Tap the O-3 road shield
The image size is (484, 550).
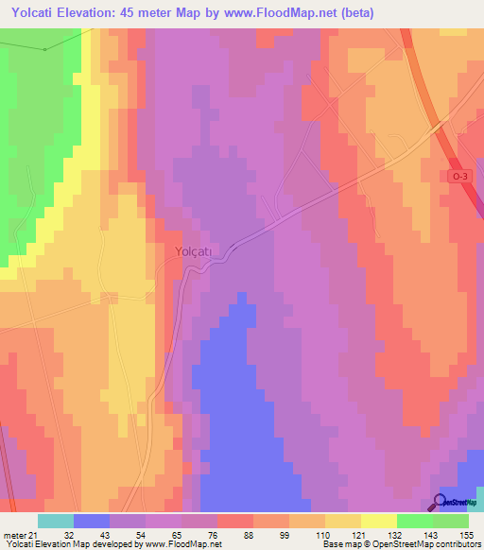459,177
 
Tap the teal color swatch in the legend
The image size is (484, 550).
56,521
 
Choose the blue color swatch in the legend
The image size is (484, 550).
92,521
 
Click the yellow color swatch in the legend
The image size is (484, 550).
378,521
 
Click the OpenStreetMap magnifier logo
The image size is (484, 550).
441,502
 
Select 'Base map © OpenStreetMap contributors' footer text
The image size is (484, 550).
400,544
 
